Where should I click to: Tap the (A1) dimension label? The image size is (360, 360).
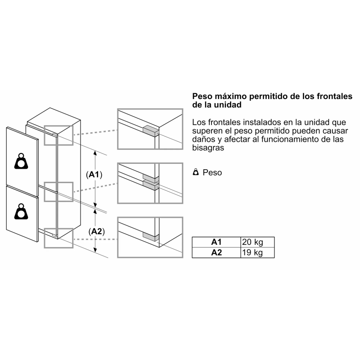point(94,175)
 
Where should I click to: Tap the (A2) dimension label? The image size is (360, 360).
point(97,231)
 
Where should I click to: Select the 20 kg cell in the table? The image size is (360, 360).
point(257,242)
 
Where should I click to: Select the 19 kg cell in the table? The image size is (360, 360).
point(257,252)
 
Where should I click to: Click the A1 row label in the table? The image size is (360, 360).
point(216,242)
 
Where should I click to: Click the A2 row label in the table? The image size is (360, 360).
point(216,252)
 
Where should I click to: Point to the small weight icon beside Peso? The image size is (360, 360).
point(196,172)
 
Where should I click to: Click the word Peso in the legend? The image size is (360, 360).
point(212,172)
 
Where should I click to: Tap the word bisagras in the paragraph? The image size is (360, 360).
point(208,148)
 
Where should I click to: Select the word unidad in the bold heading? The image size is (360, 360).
point(228,105)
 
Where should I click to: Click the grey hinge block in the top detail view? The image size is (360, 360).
point(151,131)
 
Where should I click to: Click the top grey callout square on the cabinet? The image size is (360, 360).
point(58,135)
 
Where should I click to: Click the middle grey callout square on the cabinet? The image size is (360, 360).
point(58,192)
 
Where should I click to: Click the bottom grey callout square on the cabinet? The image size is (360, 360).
point(58,238)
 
